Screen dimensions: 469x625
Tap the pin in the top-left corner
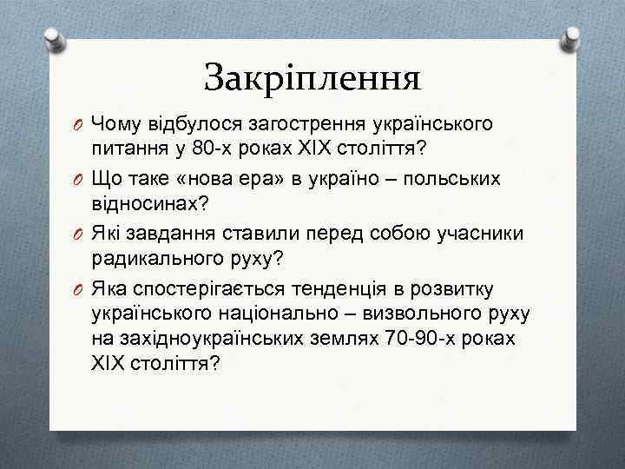point(56,36)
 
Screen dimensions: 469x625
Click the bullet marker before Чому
point(77,124)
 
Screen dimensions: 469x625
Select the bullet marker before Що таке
point(77,178)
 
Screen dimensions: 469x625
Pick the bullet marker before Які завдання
point(77,232)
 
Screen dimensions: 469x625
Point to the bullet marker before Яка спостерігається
point(77,286)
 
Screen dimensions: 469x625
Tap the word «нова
point(228,177)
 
